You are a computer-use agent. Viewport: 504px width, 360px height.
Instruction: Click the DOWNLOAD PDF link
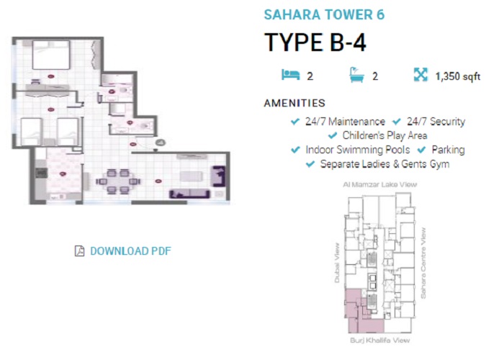point(130,251)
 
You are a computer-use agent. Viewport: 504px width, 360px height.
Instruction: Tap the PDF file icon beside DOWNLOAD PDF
point(79,251)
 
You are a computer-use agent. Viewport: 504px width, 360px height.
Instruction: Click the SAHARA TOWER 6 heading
point(324,14)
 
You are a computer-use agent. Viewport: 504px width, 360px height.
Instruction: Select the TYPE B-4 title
point(315,42)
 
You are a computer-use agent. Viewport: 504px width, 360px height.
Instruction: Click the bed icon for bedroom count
point(289,74)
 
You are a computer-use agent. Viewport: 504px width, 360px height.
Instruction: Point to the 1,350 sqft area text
point(458,76)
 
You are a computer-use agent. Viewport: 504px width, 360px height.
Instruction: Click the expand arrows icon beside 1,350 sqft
point(420,74)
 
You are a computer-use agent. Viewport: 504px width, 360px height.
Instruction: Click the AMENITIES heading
point(294,103)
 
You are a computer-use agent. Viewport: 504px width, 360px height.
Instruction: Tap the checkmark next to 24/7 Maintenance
point(294,122)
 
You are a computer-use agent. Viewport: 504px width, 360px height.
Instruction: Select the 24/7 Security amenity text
point(436,122)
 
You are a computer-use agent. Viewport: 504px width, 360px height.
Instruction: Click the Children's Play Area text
point(385,135)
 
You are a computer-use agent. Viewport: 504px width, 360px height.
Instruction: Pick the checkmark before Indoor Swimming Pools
point(294,150)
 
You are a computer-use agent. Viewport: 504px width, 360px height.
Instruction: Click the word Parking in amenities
point(448,150)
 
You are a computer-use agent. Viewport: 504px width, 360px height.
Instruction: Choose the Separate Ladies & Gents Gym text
point(384,164)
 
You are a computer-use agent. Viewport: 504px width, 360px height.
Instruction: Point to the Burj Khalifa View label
point(379,340)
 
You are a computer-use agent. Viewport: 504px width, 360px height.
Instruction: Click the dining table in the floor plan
point(116,176)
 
